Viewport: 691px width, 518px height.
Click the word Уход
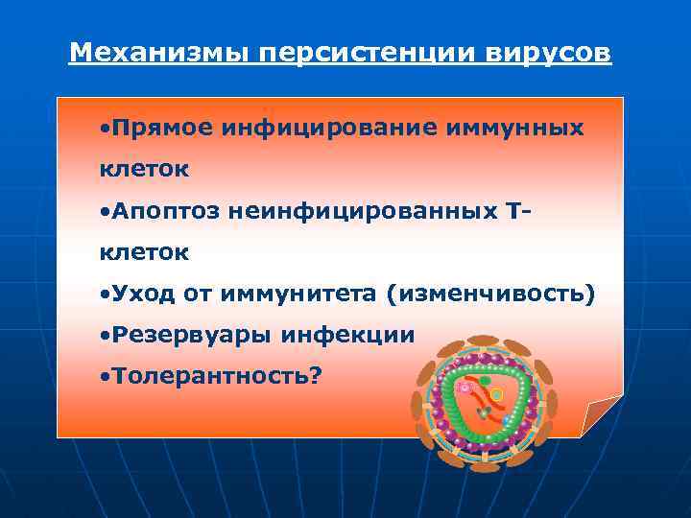click(x=144, y=294)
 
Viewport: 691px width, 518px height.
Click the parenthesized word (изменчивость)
click(x=489, y=294)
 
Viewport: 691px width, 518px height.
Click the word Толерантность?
click(x=217, y=376)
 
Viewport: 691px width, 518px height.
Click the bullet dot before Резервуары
click(x=105, y=336)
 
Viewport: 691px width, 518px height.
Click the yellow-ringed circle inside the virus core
click(x=496, y=393)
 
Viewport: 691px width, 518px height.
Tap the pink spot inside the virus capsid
click(x=465, y=388)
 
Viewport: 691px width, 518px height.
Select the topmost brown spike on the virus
click(x=482, y=342)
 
